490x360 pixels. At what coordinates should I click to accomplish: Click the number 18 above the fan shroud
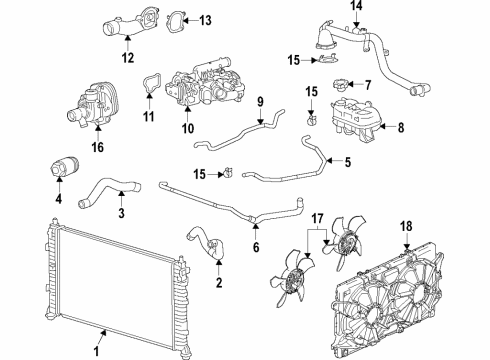(406, 228)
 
